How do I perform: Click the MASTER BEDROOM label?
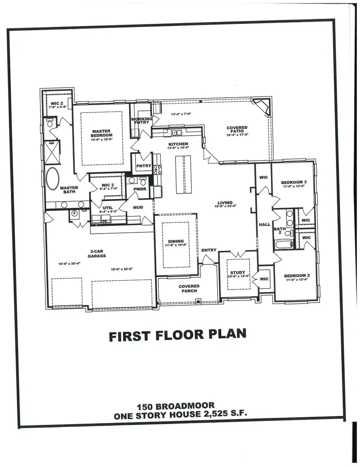[101, 133]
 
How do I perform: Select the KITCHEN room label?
[178, 144]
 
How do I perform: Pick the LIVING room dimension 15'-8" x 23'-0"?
[226, 206]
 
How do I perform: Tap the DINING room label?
[176, 241]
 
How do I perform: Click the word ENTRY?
[209, 250]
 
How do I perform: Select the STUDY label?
[238, 273]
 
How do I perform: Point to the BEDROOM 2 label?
[296, 276]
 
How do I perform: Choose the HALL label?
[264, 225]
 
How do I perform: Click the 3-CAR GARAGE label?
[97, 254]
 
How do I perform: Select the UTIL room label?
[102, 208]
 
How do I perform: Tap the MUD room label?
[138, 207]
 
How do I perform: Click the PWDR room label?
[139, 189]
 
